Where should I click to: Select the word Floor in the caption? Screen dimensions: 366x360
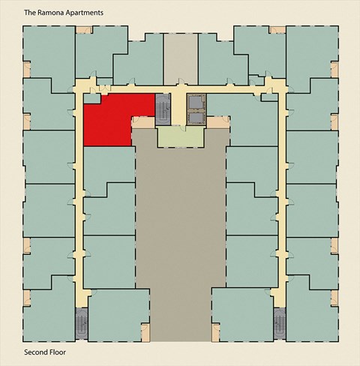point(62,352)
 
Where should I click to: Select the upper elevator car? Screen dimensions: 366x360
point(196,101)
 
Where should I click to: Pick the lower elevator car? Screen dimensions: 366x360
point(196,117)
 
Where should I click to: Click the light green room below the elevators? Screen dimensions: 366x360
point(180,137)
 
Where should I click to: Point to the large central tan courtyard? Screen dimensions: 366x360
point(180,225)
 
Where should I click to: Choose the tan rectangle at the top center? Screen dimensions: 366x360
point(180,57)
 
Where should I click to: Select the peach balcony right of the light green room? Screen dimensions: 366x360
point(216,121)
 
